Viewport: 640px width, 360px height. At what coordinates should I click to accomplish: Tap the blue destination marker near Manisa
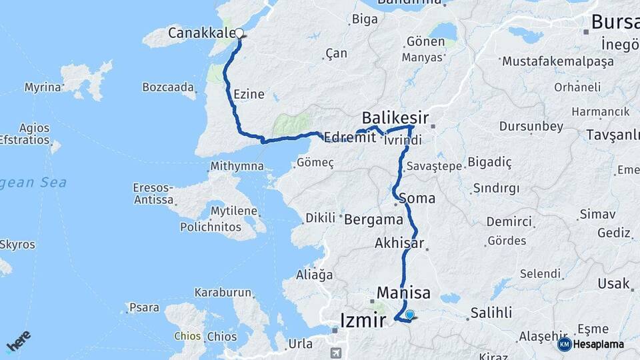pyautogui.click(x=409, y=315)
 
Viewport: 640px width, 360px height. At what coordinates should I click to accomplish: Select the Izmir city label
pyautogui.click(x=363, y=320)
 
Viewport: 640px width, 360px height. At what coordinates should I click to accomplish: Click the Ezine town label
pyautogui.click(x=249, y=94)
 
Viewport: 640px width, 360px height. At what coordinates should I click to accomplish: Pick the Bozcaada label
pyautogui.click(x=169, y=87)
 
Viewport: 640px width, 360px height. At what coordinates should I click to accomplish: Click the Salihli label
pyautogui.click(x=491, y=312)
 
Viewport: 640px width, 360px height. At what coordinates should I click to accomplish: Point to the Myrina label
pyautogui.click(x=43, y=87)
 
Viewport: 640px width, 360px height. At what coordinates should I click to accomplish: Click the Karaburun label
pyautogui.click(x=223, y=292)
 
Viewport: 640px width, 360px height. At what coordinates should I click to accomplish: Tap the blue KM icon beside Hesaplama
pyautogui.click(x=564, y=344)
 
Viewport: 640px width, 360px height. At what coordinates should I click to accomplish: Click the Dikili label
pyautogui.click(x=321, y=218)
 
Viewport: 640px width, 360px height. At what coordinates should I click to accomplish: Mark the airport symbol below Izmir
pyautogui.click(x=337, y=351)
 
